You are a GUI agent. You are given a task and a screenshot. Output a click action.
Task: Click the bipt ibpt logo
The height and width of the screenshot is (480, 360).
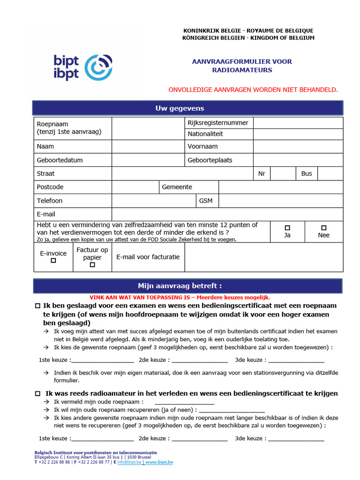tap(83, 67)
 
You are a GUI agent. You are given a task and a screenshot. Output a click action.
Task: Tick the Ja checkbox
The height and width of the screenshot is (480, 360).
tap(287, 227)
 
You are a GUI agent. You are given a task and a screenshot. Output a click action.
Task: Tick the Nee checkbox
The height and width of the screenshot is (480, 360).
tap(323, 227)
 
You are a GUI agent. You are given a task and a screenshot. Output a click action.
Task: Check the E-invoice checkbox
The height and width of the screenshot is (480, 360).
tap(53, 261)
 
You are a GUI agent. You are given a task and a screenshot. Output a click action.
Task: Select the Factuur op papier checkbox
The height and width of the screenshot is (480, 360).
tap(92, 265)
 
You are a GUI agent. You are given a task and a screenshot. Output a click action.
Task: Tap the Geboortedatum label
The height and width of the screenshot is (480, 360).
tap(60, 160)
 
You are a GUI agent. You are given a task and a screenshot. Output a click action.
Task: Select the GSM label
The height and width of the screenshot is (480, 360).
tap(206, 201)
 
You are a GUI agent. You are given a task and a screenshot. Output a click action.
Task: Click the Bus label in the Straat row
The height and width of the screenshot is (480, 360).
tap(307, 173)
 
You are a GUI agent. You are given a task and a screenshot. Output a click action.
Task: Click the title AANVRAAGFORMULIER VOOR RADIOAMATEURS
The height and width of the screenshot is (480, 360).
tap(242, 66)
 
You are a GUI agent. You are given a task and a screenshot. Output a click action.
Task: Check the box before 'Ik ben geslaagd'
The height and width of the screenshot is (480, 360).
tap(38, 306)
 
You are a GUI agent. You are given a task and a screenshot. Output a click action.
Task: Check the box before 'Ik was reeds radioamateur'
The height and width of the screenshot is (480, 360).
tap(38, 394)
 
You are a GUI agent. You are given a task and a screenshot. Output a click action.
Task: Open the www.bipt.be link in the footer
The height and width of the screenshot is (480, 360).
tap(159, 462)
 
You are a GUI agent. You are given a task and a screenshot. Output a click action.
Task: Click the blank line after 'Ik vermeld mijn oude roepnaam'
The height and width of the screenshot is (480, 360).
tap(184, 402)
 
